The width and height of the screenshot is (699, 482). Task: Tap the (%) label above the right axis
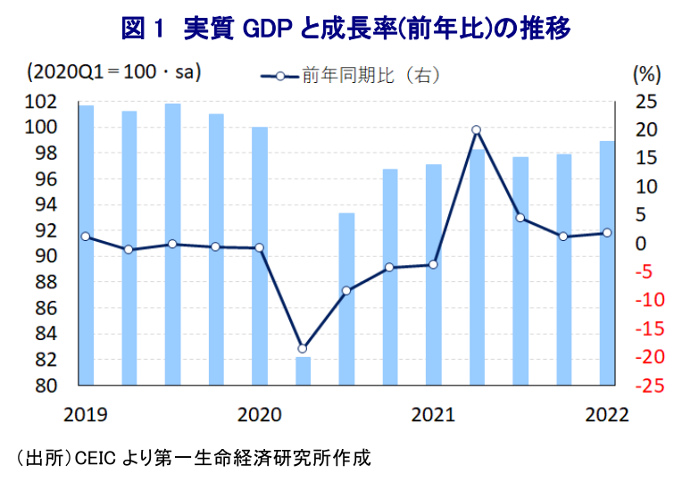pos(645,72)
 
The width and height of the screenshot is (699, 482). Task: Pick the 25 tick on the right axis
pos(645,101)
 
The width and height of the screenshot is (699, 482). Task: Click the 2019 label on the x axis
pos(85,414)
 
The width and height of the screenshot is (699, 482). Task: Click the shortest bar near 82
pos(303,370)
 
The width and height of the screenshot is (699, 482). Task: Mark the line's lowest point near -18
pos(303,348)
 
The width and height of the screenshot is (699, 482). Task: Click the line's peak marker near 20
pos(477,130)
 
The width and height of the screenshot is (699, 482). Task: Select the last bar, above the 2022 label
pos(607,263)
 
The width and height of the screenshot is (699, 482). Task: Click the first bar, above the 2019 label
pos(86,245)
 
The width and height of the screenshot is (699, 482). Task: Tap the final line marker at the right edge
pos(607,233)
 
